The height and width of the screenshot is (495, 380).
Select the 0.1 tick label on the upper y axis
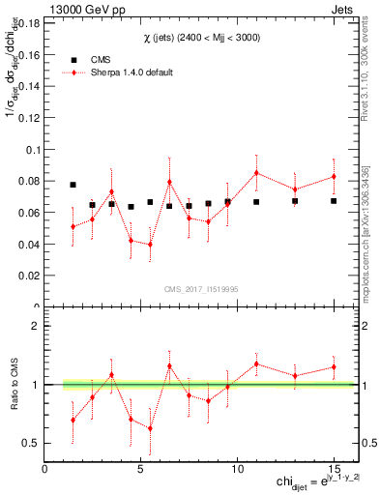pyautogui.click(x=34, y=150)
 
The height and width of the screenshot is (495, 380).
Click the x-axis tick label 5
pyautogui.click(x=141, y=469)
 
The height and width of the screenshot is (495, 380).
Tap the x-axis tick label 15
pyautogui.click(x=333, y=469)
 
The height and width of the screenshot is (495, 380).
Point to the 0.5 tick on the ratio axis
pyautogui.click(x=34, y=444)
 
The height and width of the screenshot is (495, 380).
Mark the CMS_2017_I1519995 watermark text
pyautogui.click(x=199, y=288)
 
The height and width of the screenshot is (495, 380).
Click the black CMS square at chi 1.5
pyautogui.click(x=73, y=184)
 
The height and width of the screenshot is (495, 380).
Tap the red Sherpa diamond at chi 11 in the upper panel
pyautogui.click(x=256, y=173)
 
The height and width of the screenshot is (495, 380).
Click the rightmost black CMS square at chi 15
pyautogui.click(x=334, y=201)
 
